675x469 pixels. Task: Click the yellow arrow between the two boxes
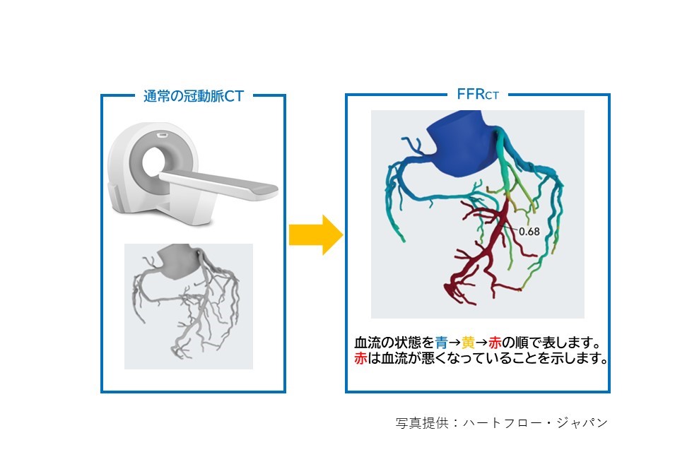316,235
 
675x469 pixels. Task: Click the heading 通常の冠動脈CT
194,95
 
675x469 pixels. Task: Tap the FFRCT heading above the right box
478,94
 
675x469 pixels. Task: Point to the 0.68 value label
529,232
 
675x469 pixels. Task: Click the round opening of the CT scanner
153,162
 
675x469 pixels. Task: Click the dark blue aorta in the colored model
461,143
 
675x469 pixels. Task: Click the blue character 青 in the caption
441,343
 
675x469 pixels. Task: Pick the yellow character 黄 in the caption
468,343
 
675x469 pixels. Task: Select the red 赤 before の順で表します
495,343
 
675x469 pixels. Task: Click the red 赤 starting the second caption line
361,358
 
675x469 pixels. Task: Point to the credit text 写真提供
422,422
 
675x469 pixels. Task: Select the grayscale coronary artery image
189,307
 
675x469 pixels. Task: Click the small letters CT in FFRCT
492,96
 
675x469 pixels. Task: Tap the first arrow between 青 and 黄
454,343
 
